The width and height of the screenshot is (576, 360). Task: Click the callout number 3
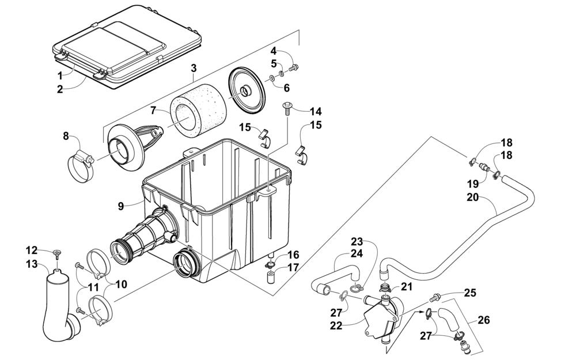[194, 68]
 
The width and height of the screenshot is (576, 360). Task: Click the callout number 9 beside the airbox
[121, 206]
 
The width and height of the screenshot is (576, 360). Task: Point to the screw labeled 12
[57, 253]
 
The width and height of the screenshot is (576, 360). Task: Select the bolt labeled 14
[286, 109]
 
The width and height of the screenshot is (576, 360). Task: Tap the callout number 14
[316, 111]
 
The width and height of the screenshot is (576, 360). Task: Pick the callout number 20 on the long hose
[473, 197]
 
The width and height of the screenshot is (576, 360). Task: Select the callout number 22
[336, 326]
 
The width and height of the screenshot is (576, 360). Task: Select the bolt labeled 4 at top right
[294, 67]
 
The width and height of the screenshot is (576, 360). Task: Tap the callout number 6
[286, 88]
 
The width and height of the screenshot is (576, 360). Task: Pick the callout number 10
[121, 285]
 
